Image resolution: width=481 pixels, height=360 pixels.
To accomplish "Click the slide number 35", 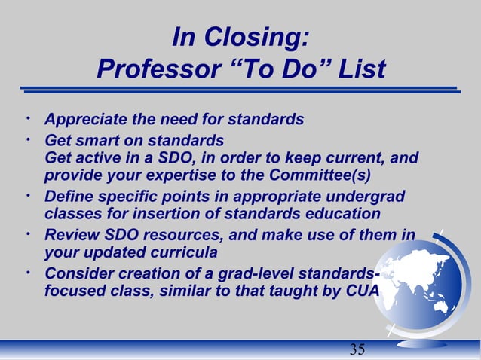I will [x=357, y=348].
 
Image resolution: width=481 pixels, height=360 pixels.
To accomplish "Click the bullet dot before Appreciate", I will [x=27, y=117].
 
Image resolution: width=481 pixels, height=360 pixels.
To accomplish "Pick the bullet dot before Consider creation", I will [x=27, y=271].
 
